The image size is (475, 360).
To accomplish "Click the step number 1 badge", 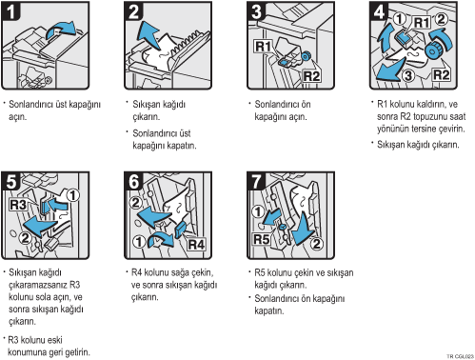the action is (x=11, y=11).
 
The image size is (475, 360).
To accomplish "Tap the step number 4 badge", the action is (x=379, y=11).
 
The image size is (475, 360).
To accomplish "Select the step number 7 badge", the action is (x=256, y=181).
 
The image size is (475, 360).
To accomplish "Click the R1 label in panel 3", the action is (x=263, y=47).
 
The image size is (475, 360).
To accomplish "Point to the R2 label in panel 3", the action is (x=311, y=76).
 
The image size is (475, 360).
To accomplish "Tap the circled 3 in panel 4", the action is (x=408, y=75).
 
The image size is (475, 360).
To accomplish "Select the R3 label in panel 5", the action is (x=18, y=205).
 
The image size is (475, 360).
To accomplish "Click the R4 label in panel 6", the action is (x=196, y=244).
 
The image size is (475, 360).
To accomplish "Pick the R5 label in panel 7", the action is (x=262, y=239).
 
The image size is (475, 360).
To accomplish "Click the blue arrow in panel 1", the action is (x=61, y=30).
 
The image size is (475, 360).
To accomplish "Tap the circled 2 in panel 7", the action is (x=316, y=244).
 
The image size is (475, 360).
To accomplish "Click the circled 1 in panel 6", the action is (x=139, y=241).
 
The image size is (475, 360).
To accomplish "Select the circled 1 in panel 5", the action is (x=73, y=195).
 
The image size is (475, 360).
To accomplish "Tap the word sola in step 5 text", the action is (x=47, y=297).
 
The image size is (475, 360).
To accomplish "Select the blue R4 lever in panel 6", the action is (x=180, y=230).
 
